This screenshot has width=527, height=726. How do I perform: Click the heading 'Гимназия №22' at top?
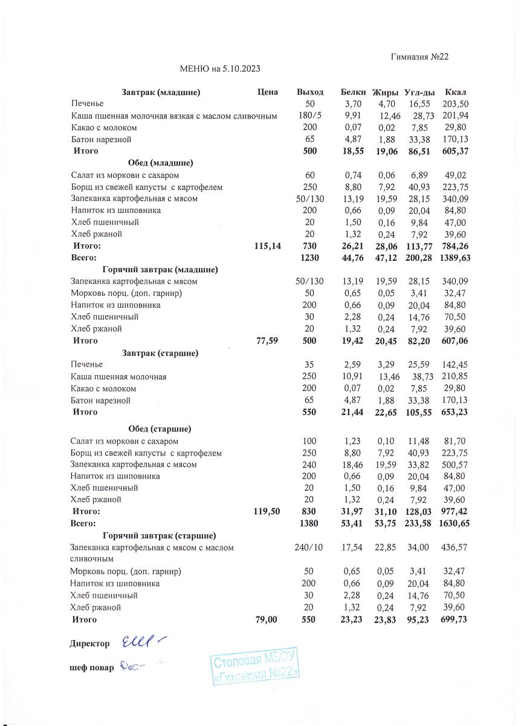click(419, 57)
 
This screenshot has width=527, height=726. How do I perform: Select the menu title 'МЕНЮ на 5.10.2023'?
click(220, 69)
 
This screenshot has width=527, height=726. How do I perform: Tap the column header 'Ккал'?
click(454, 92)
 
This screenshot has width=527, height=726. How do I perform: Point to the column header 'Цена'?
click(267, 92)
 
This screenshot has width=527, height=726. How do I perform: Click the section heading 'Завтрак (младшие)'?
click(161, 92)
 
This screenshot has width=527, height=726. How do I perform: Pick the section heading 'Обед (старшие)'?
click(160, 429)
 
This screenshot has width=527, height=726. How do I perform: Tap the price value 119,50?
click(267, 511)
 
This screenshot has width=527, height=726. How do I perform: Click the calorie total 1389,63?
click(454, 258)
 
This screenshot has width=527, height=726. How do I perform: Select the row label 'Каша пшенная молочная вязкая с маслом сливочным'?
click(174, 116)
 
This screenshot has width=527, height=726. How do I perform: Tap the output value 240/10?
click(309, 547)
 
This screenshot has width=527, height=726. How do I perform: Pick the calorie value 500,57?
click(454, 465)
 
